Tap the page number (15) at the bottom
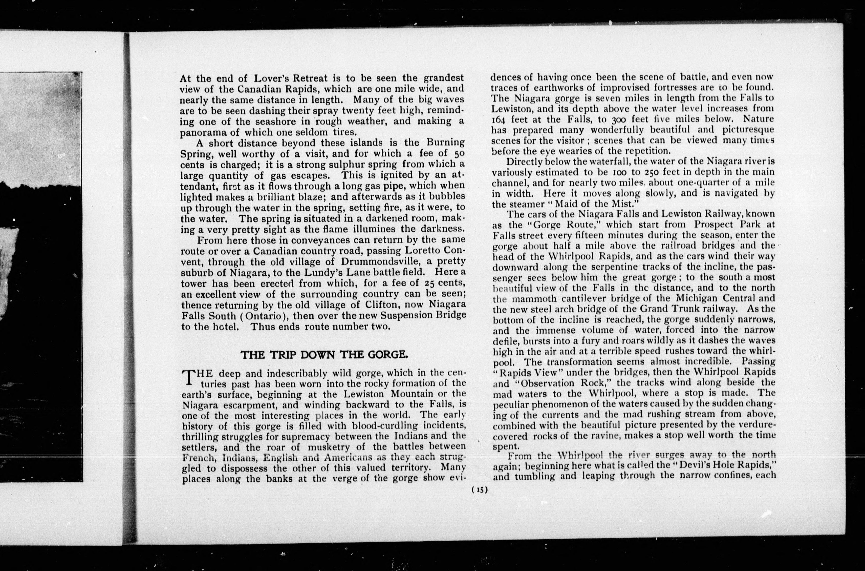(x=479, y=490)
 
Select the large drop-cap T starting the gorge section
(x=188, y=377)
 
